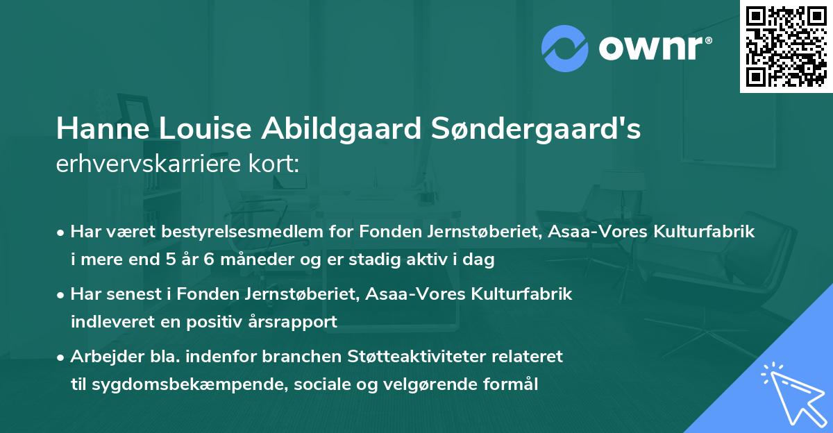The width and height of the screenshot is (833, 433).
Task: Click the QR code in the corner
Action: (785, 46)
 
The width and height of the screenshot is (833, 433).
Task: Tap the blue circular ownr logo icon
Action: (565, 47)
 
